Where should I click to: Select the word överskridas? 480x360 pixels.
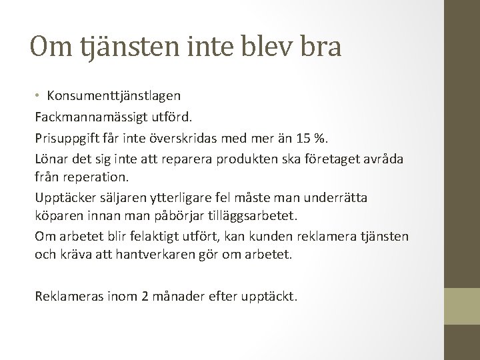(x=189, y=139)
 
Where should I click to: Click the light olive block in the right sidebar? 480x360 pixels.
(x=462, y=305)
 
